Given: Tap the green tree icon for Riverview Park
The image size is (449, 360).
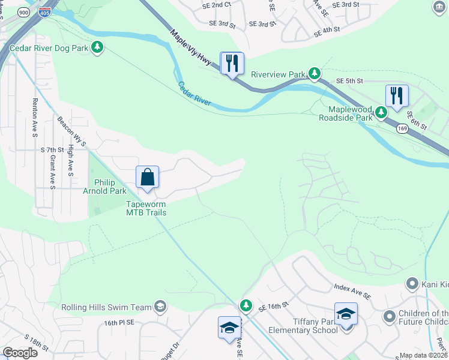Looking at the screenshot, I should (314, 74).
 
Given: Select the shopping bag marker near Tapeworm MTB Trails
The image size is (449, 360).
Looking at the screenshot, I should (147, 178).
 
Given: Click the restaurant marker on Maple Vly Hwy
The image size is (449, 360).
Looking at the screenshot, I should (232, 63).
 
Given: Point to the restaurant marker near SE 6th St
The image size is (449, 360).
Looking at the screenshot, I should (397, 96).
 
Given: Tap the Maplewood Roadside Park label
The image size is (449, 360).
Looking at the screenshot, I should (351, 113).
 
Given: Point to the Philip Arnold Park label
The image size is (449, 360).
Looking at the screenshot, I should (110, 187).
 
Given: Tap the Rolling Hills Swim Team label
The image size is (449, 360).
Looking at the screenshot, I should (107, 307).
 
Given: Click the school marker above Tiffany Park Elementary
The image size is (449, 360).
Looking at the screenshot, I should (346, 314).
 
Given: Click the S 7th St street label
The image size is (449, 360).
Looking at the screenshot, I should (52, 149).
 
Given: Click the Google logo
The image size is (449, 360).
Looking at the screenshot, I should (20, 353).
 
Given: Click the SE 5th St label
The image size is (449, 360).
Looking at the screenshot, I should (350, 80).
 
